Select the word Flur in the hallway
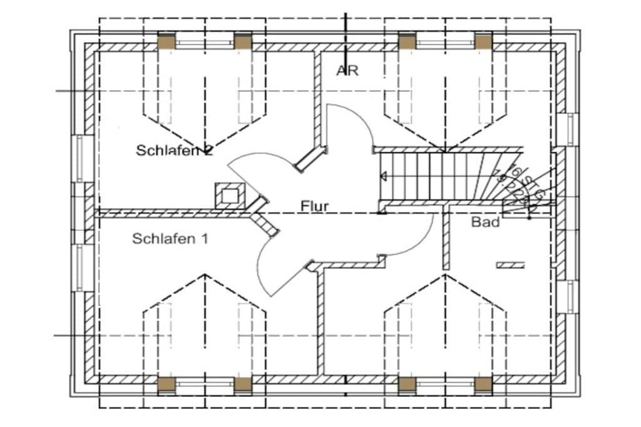315,205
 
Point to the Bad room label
486,222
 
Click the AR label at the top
347,71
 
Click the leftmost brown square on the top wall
166,41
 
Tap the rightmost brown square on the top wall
483,41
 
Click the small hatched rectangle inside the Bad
510,265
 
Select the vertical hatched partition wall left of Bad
446,241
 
